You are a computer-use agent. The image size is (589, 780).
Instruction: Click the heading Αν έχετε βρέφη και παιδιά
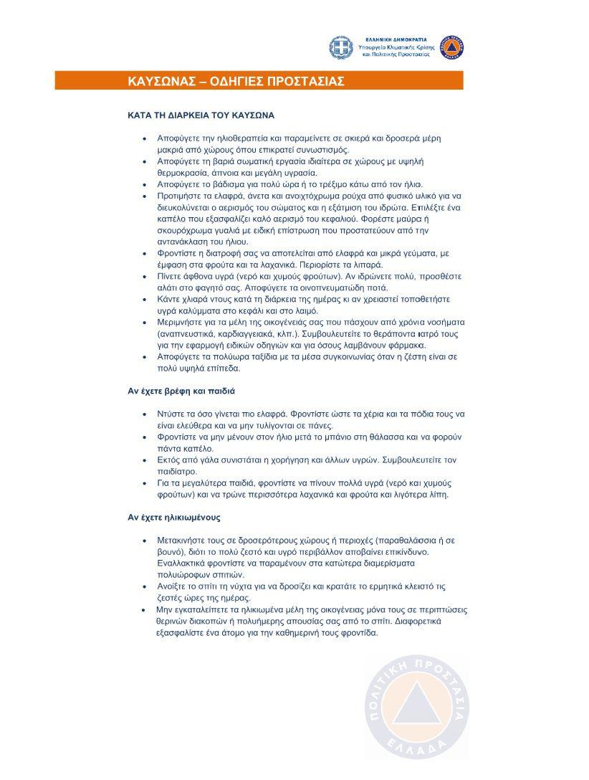[181, 391]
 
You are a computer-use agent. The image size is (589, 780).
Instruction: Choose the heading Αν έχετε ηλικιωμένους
[173, 517]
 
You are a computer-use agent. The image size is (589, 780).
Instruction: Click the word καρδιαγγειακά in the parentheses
[250, 334]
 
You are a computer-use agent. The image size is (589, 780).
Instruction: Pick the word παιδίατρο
[177, 472]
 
